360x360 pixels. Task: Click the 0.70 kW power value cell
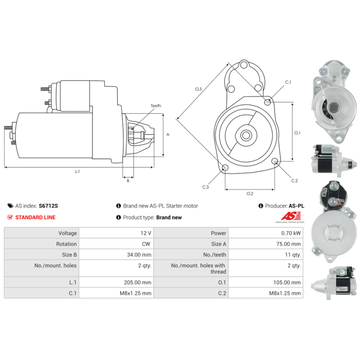291,233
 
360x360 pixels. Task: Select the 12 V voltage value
146,233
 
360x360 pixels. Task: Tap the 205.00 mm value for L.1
138,283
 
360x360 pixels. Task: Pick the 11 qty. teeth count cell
293,255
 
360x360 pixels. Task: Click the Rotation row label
66,244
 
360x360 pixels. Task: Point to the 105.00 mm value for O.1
287,283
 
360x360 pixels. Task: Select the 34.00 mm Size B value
139,255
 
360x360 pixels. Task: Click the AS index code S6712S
48,206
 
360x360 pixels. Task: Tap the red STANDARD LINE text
36,217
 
